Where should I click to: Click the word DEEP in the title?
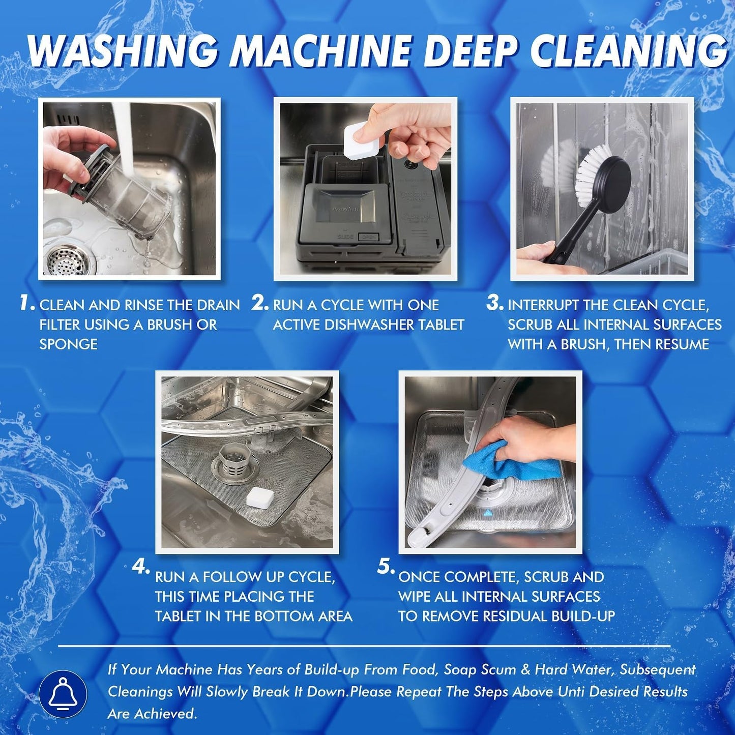click(466, 51)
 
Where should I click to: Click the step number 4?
click(141, 567)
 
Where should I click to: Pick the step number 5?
click(386, 567)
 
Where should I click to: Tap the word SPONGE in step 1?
click(68, 344)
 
